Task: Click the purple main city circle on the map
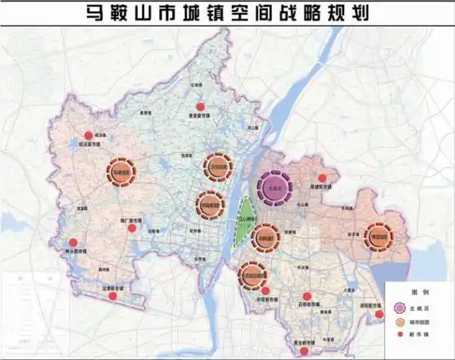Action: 272,189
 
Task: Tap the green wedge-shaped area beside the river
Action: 246,218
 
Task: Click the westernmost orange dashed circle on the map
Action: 121,173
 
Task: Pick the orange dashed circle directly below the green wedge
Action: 251,274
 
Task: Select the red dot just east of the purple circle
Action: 323,178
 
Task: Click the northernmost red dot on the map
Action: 200,107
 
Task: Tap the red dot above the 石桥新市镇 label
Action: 307,296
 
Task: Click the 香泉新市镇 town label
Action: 199,115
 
